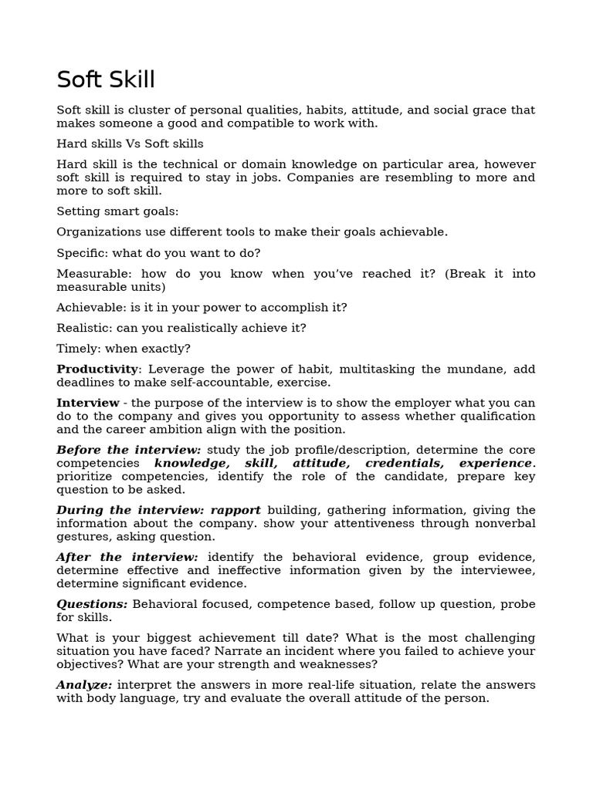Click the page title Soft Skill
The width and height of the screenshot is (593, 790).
coord(106,79)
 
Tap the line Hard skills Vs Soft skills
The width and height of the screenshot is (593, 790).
coord(130,143)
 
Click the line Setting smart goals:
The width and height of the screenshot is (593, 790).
coord(117,211)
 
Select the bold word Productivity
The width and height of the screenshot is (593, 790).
coord(97,370)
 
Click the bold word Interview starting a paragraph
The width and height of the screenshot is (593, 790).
coord(88,403)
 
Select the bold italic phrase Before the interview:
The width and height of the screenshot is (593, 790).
coord(129,450)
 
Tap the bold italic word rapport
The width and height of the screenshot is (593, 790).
coord(236,510)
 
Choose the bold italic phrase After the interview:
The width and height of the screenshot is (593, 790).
coord(127,557)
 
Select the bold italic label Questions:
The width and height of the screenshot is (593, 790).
coord(92,604)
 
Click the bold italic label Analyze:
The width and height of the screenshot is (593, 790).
coord(84,685)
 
